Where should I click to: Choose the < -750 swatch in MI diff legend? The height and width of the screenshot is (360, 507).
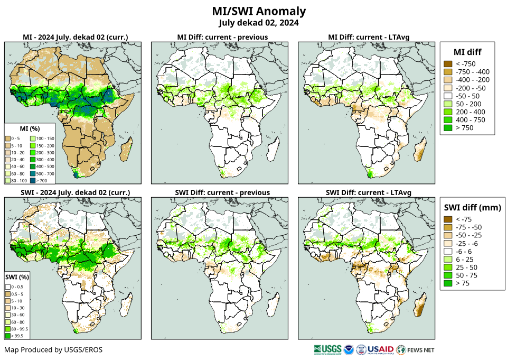click(448, 64)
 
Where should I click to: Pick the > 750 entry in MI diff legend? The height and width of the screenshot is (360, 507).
click(448, 128)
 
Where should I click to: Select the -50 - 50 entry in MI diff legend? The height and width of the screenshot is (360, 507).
click(448, 96)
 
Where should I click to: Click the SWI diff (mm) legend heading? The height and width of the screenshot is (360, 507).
click(472, 207)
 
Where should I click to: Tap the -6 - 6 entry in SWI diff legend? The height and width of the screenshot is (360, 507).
click(448, 251)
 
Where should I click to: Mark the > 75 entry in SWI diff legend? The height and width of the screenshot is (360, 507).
click(448, 283)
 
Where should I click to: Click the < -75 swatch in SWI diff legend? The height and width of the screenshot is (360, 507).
click(448, 219)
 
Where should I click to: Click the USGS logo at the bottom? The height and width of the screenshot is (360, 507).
click(327, 349)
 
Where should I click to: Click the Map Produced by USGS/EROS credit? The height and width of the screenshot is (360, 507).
click(53, 350)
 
